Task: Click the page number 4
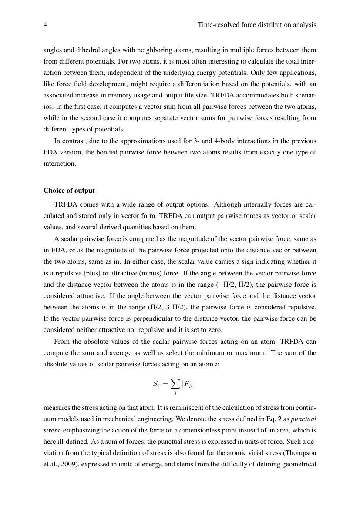(45, 25)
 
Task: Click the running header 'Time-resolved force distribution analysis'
(256, 25)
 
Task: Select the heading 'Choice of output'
(69, 191)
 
